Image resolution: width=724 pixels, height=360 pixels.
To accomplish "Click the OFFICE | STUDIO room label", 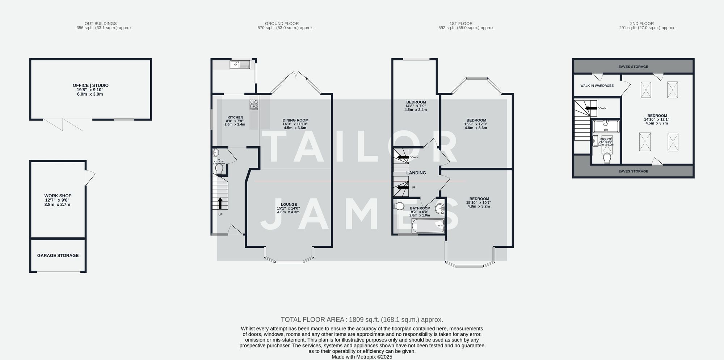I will [90, 85].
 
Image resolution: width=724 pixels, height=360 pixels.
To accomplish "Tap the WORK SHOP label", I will [58, 196].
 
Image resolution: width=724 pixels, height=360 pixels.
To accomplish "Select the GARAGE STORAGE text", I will [58, 256].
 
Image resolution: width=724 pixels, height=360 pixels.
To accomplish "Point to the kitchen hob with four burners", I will [254, 104].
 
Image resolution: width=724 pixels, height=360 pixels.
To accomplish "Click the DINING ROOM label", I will [295, 120].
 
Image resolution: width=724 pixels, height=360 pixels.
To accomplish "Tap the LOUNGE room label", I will [289, 205].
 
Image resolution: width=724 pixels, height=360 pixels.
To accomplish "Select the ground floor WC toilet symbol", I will [219, 169].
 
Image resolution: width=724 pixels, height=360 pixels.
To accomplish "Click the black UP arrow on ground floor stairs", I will [220, 203].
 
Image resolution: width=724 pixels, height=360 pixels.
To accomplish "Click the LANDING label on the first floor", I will [416, 173].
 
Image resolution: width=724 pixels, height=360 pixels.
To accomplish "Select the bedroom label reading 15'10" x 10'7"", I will [479, 202].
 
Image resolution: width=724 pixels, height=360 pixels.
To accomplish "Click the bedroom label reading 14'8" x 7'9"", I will [416, 106].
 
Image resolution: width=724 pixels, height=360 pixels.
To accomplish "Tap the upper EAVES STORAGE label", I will [633, 67].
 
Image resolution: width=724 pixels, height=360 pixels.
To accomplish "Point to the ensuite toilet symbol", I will [607, 158].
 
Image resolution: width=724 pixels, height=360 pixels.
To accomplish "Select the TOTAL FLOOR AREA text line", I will [362, 320].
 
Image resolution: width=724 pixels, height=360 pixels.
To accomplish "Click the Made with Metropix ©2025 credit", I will [362, 357].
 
